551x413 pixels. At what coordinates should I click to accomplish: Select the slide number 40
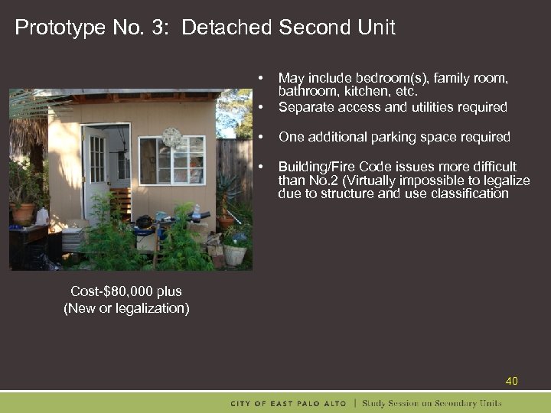coord(512,381)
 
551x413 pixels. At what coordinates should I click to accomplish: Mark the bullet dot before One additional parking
coord(261,137)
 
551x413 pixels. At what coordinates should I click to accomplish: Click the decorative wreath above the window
coord(172,138)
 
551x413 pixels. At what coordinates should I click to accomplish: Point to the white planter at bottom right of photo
coord(234,254)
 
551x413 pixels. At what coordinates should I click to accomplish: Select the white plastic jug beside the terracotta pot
coord(41,216)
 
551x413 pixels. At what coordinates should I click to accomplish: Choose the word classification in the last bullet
coord(471,194)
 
